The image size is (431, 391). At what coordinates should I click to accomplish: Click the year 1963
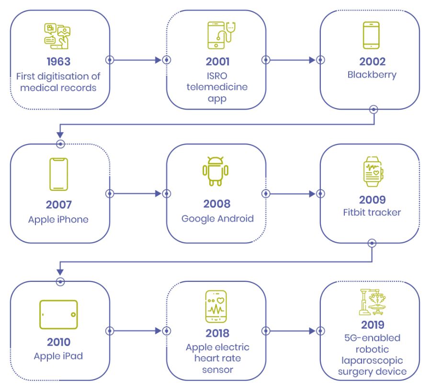(x=58, y=62)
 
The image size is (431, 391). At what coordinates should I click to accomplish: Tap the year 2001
(x=218, y=62)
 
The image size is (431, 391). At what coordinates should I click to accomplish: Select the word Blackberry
(x=372, y=75)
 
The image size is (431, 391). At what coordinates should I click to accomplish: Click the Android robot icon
(x=215, y=171)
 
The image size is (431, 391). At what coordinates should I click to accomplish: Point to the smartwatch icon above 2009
(x=373, y=172)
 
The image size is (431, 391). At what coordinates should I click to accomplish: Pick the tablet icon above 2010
(x=58, y=314)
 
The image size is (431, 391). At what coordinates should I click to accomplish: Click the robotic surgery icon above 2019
(x=372, y=302)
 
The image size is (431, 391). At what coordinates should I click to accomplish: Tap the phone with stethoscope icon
(x=221, y=35)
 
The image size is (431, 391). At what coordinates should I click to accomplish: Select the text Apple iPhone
(x=58, y=220)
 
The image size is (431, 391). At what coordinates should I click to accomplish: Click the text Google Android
(x=217, y=219)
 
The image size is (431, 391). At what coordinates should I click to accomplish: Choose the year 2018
(x=217, y=333)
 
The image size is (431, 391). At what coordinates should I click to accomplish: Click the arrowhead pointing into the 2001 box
(x=158, y=60)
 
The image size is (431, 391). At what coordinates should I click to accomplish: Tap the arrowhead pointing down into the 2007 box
(x=60, y=134)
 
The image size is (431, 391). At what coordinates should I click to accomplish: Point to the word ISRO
(x=217, y=76)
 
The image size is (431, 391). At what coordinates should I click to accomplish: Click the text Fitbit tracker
(x=372, y=212)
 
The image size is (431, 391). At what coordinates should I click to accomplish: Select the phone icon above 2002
(x=371, y=35)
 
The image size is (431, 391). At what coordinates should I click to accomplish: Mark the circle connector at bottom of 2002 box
(x=373, y=110)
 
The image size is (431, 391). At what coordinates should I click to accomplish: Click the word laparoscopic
(x=372, y=360)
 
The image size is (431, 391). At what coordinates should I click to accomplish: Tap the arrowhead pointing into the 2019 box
(x=312, y=331)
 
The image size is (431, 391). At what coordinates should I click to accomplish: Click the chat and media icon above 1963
(x=57, y=36)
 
